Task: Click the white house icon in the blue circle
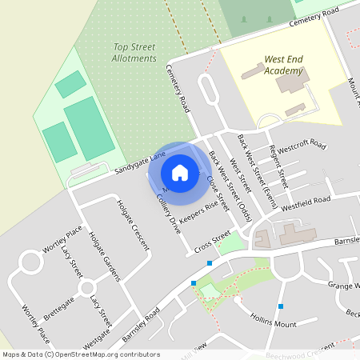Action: [180, 173]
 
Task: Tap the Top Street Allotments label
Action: [134, 53]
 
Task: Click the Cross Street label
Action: [212, 238]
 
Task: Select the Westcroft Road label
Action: [302, 146]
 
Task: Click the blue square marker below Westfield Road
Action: [281, 306]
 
